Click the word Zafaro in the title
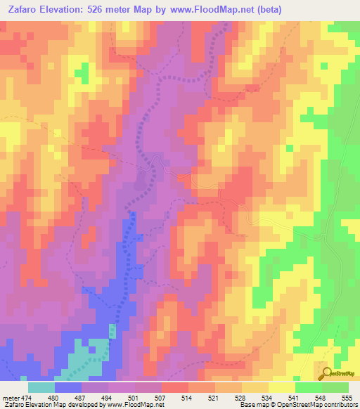click(29, 11)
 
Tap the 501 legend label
click(134, 397)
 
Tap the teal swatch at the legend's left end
click(41, 387)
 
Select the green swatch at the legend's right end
click(335, 387)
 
